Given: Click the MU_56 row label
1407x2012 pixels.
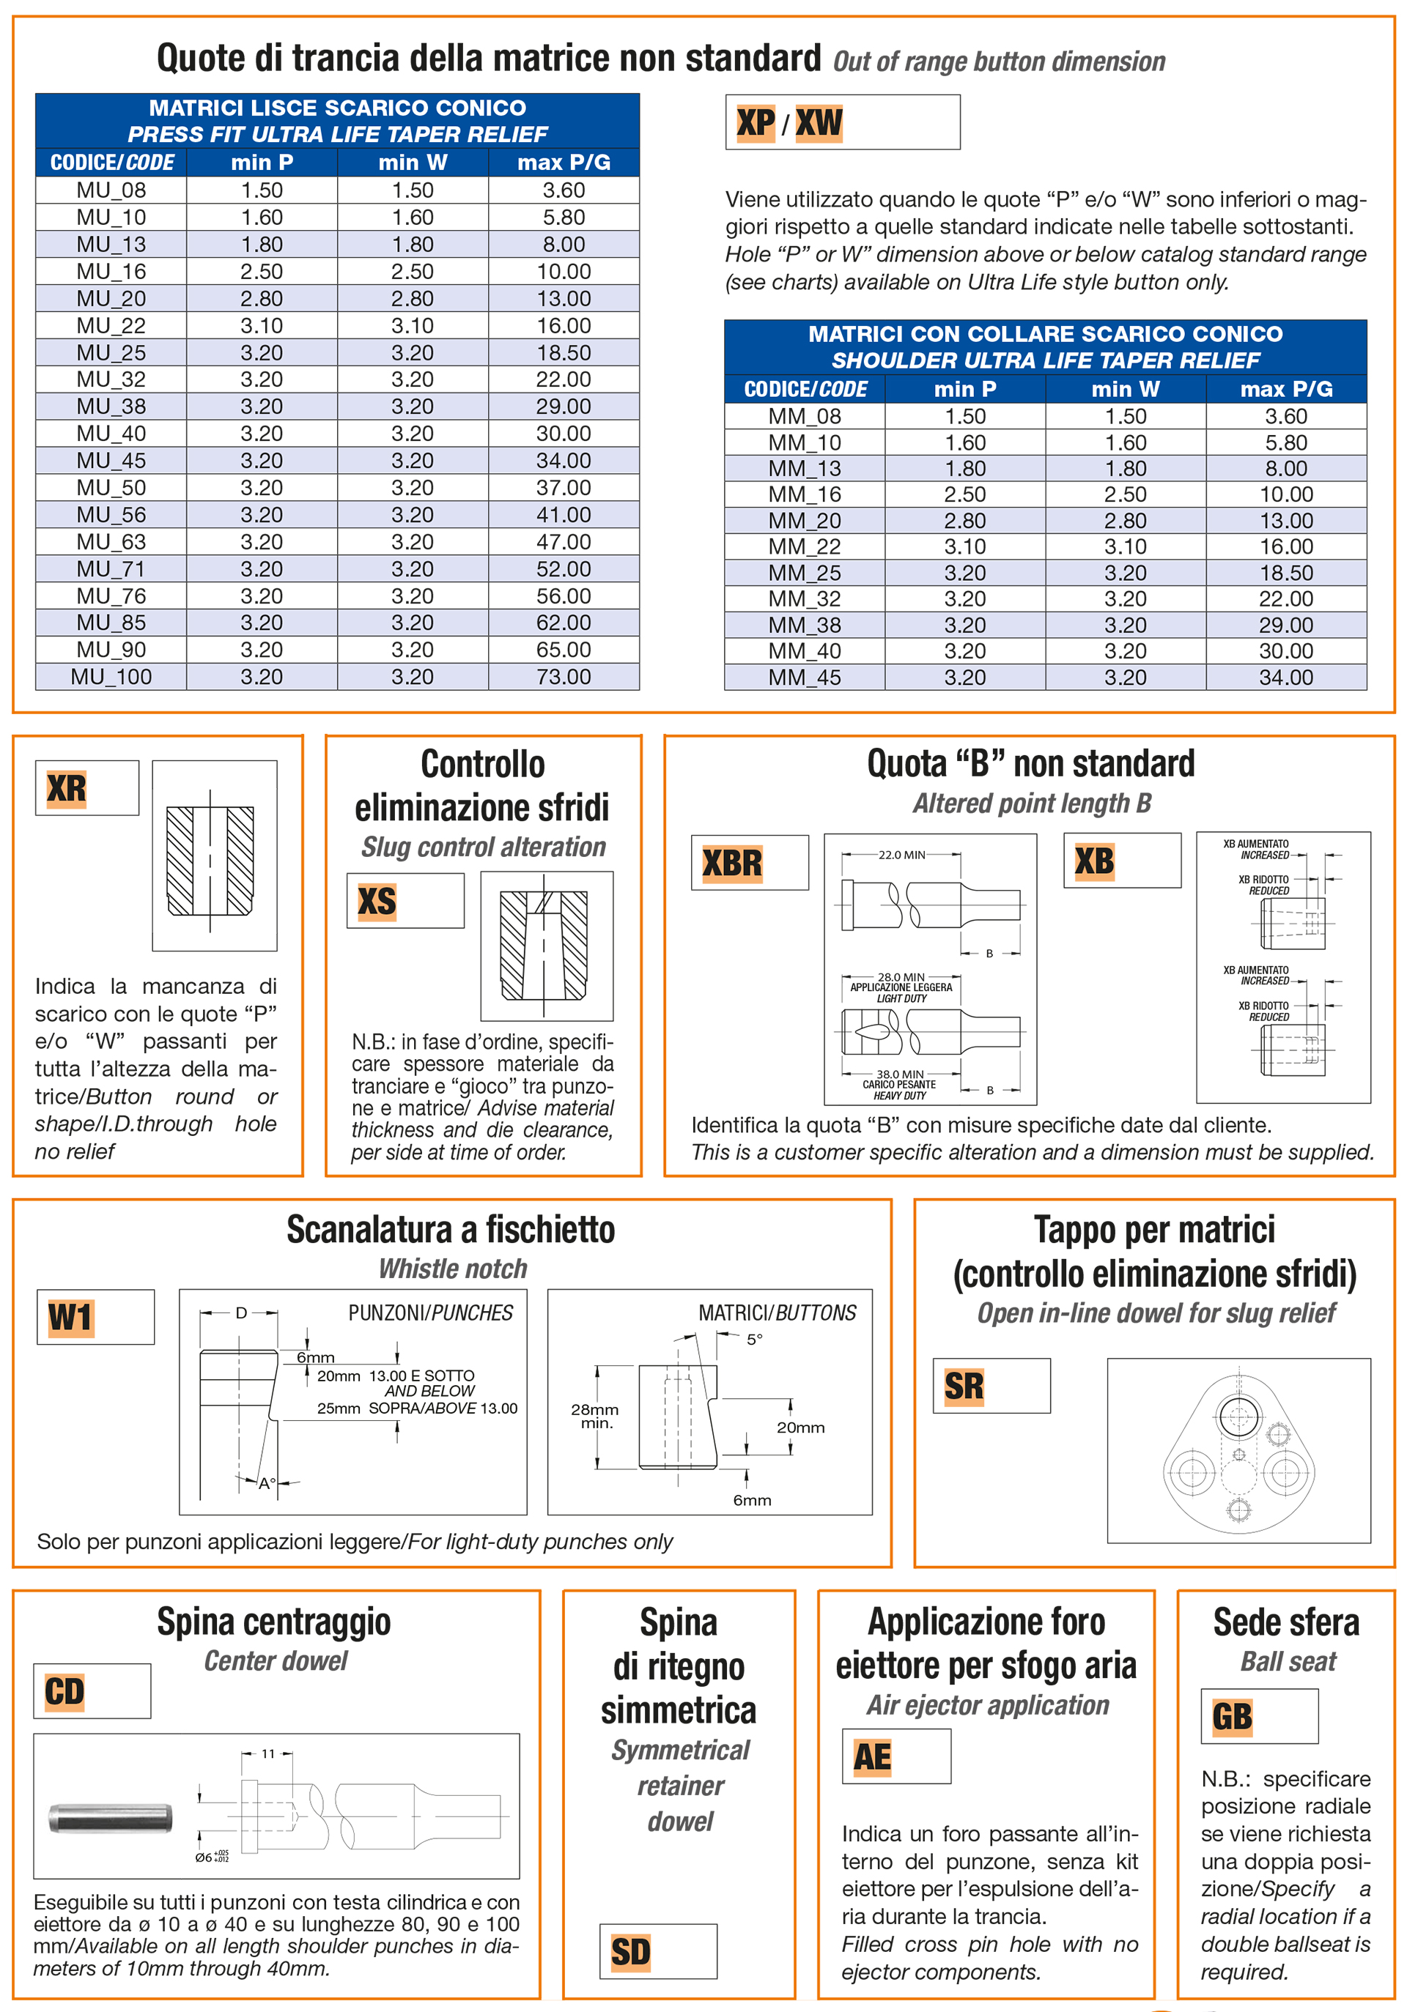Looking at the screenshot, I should click(111, 514).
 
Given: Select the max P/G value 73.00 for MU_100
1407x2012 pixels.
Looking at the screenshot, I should click(563, 677).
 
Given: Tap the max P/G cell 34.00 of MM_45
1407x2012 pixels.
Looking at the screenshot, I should click(1285, 678).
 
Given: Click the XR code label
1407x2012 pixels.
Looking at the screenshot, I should click(67, 789).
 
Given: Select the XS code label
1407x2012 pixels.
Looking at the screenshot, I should click(377, 901).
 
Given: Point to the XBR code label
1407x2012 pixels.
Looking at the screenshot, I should click(732, 863).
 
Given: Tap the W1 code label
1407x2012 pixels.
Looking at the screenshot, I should click(70, 1317).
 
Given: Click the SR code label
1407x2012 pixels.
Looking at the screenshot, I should click(964, 1387).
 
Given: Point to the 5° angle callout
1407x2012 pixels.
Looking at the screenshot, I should click(754, 1340).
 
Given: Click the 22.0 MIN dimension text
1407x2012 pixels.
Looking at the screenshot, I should click(901, 855).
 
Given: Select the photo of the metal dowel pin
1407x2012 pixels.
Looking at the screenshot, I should click(110, 1817).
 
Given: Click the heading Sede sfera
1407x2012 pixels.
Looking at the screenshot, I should click(1285, 1622).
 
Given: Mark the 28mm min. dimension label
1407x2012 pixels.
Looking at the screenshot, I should click(594, 1415).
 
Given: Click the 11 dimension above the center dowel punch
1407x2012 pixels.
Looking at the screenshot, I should click(267, 1753).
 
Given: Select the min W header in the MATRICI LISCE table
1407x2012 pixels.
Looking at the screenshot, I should click(412, 162).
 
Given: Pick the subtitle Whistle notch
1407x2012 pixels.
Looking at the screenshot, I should click(452, 1269).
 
